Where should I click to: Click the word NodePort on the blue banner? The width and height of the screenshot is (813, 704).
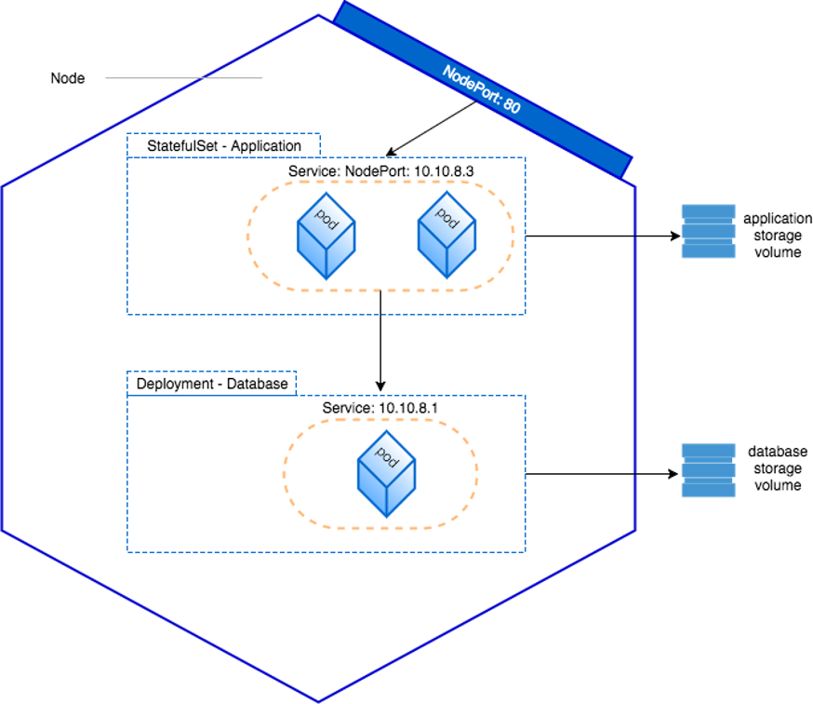pos(471,87)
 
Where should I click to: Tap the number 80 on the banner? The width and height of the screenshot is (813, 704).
pos(511,106)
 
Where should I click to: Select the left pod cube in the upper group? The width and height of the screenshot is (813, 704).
pos(326,236)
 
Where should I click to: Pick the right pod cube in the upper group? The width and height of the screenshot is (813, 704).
pos(446,234)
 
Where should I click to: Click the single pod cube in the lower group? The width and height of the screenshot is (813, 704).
pos(386,473)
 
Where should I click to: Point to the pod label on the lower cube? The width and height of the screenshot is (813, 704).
pos(387,456)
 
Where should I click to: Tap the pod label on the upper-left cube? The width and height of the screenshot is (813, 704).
pos(327,219)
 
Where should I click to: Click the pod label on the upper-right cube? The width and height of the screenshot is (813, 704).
pos(447,217)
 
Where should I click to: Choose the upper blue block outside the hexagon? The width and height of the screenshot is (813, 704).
pos(709,231)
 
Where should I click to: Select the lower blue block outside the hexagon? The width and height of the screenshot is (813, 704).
pos(709,470)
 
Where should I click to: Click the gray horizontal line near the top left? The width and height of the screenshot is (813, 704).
pos(183,78)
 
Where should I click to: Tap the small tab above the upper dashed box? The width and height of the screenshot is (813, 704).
pos(223,145)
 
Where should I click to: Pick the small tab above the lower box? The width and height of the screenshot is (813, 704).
pos(211,383)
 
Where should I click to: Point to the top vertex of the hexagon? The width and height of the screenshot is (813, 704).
pos(318,15)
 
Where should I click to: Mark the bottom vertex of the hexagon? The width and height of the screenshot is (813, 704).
pos(318,700)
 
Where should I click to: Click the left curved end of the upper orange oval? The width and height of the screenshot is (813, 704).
pos(247,236)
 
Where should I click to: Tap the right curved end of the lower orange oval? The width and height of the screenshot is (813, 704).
pos(478,473)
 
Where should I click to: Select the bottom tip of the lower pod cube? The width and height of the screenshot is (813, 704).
pos(386,517)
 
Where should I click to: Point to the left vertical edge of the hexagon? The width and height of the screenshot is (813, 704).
pos(4,359)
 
